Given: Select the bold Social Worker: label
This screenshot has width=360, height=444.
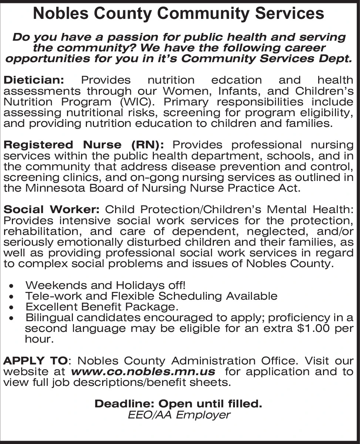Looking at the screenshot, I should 51,210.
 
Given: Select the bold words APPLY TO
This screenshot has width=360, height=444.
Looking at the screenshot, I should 36,361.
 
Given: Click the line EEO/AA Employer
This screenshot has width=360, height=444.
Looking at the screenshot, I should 179,415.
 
